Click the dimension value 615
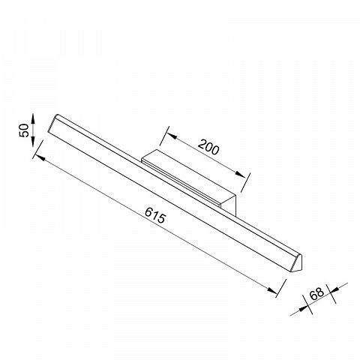(155, 215)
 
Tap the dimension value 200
(208, 148)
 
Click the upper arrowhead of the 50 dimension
(33, 118)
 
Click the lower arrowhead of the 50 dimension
(33, 142)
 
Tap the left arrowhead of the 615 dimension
(41, 158)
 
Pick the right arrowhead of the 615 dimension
(271, 290)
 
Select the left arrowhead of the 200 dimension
(172, 136)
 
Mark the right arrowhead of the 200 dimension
(240, 175)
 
